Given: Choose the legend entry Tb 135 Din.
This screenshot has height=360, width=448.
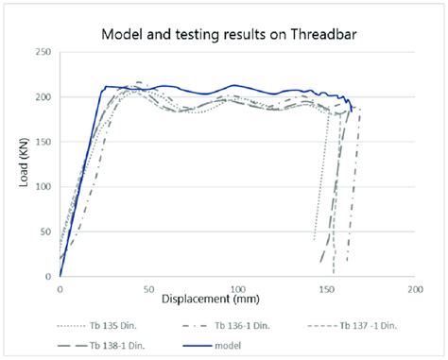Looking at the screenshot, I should (x=94, y=324).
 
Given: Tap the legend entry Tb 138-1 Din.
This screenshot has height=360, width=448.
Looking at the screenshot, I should (x=95, y=347).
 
